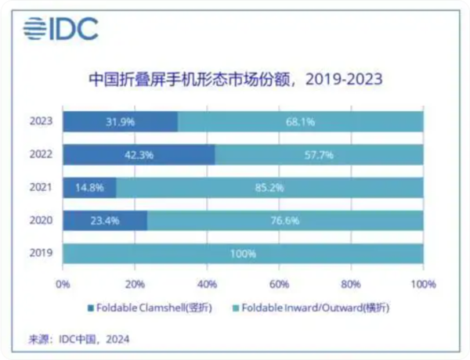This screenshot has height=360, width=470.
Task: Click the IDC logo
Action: click(60, 29)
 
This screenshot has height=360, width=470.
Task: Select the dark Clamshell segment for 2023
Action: click(120, 121)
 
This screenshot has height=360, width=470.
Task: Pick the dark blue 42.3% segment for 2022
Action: click(139, 155)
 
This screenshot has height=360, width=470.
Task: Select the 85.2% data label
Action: click(270, 188)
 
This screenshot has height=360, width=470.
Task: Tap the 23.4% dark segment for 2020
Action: click(104, 221)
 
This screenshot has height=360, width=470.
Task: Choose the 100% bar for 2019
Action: click(243, 254)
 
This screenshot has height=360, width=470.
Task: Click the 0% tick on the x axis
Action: click(63, 283)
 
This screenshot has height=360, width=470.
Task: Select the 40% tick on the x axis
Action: click(207, 283)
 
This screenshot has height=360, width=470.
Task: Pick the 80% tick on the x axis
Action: click(351, 283)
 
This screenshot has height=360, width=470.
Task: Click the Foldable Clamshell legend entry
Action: click(148, 307)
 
